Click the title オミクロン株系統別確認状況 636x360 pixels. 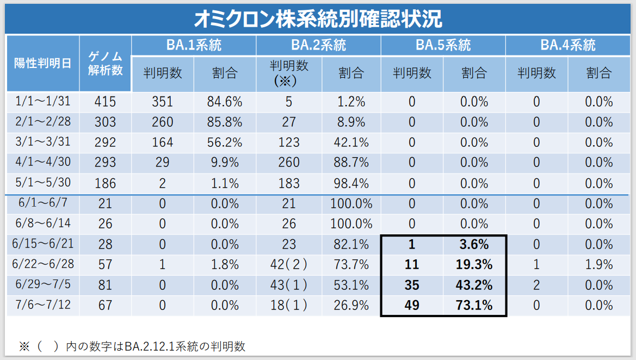click(318, 18)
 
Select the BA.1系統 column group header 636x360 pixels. click(194, 45)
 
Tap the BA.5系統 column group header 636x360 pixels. click(443, 45)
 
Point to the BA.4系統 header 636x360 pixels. click(567, 45)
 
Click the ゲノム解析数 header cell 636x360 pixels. click(106, 63)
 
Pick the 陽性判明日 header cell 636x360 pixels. click(42, 63)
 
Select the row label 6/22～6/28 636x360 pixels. click(43, 264)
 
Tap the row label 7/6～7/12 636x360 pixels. click(42, 305)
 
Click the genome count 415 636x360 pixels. click(105, 102)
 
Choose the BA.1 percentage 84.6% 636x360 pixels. click(224, 102)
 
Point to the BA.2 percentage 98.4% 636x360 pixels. click(351, 183)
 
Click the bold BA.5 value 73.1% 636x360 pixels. click(474, 305)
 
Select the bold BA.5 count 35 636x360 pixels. click(412, 285)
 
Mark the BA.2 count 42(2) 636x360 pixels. click(289, 265)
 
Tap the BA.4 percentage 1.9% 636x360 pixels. click(598, 265)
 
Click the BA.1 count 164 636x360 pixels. click(162, 142)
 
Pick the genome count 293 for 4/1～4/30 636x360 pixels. click(105, 163)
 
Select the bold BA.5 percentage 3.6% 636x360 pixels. click(474, 244)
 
